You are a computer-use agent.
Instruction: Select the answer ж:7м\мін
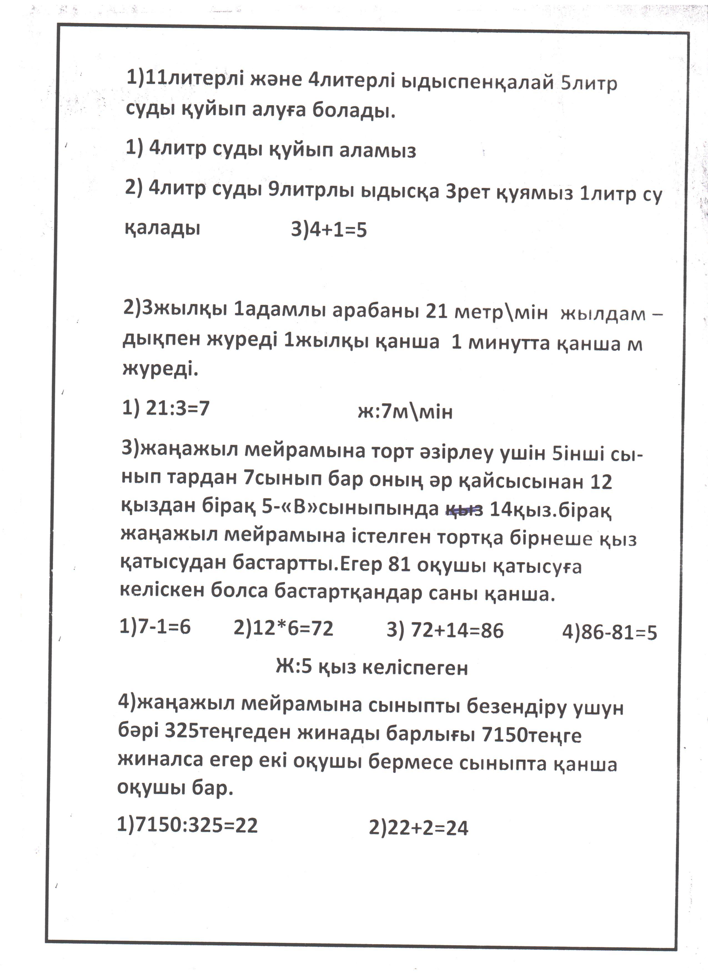(x=405, y=412)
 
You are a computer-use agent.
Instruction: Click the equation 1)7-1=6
(x=155, y=627)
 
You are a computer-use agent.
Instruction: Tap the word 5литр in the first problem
(x=589, y=83)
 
